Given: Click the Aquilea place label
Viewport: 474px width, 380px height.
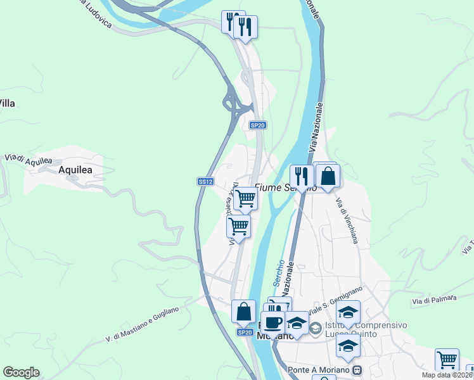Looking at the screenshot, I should (x=75, y=170).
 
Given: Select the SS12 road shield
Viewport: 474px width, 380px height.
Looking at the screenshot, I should (x=205, y=181).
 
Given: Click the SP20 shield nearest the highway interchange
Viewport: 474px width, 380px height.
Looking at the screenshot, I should (x=257, y=125).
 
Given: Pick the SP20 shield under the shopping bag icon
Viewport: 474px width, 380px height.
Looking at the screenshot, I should (x=245, y=332).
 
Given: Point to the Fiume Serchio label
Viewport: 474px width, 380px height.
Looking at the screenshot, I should (x=285, y=187).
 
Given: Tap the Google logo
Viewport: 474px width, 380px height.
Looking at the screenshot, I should (x=21, y=372).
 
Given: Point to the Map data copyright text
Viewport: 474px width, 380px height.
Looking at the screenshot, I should (x=447, y=375).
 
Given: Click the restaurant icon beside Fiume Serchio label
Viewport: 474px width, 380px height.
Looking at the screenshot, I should (x=300, y=175).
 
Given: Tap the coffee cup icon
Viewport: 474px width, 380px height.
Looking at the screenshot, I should (x=274, y=322).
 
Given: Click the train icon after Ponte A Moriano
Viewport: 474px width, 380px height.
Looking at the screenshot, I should (x=357, y=370).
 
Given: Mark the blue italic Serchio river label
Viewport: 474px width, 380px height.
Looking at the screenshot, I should (x=279, y=271).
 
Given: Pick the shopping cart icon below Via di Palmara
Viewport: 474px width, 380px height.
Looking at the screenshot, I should (x=447, y=359).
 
